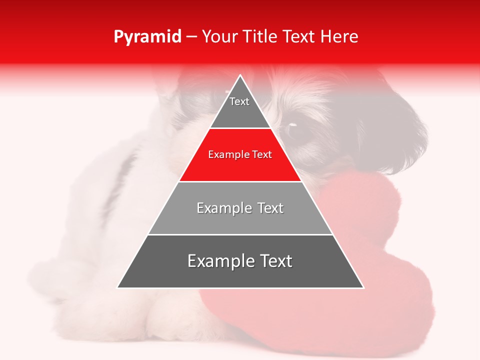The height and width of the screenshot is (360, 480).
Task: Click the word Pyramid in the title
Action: tap(147, 37)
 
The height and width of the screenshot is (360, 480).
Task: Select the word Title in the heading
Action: tap(263, 37)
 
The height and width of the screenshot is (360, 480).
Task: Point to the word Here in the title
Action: tap(339, 37)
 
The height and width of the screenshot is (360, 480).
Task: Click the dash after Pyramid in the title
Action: tap(191, 37)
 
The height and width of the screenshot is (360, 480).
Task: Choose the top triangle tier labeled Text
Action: tap(240, 107)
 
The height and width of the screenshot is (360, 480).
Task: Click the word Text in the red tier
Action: tap(262, 155)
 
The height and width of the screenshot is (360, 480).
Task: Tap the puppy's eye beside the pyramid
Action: tap(291, 125)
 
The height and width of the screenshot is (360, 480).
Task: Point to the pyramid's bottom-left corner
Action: tap(118, 287)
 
